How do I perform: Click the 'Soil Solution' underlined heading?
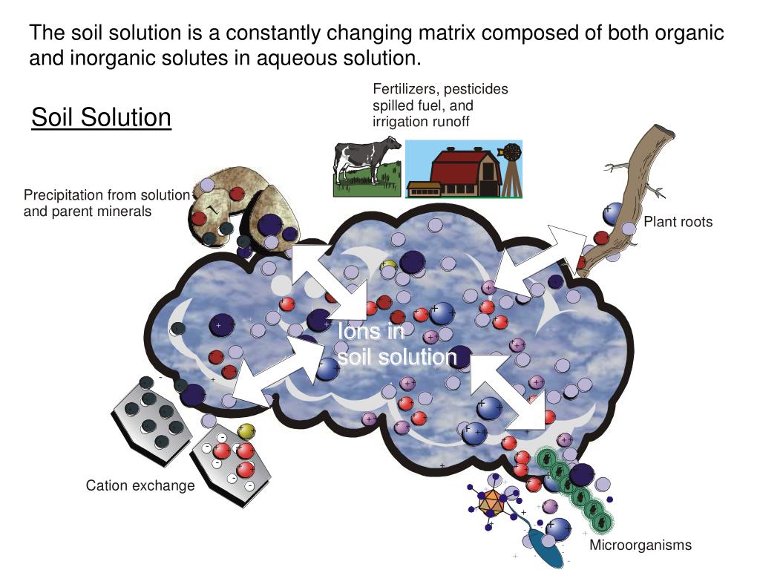click(101, 117)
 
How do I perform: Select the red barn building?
click(456, 170)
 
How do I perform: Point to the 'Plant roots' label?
click(678, 222)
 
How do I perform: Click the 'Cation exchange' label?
click(140, 486)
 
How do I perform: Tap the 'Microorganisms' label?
click(641, 546)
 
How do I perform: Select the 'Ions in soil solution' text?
click(396, 344)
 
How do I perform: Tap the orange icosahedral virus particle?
click(489, 503)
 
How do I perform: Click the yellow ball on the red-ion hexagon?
click(246, 431)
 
